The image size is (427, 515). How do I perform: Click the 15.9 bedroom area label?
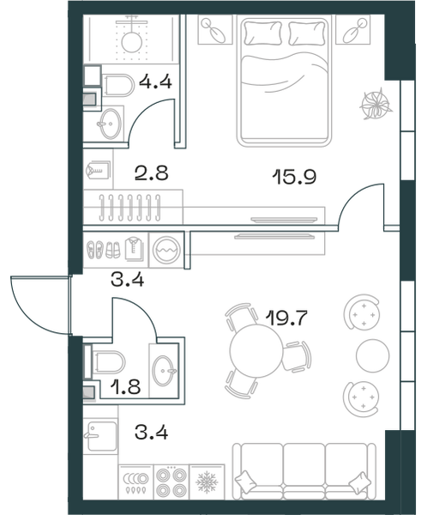click(294, 177)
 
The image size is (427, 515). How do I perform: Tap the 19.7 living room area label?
click(286, 318)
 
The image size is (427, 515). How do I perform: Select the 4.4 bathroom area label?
click(155, 82)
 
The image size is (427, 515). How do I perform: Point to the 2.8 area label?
click(151, 173)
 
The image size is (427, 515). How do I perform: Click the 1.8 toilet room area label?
click(125, 386)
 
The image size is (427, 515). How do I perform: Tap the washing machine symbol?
click(166, 250)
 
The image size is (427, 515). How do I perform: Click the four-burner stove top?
click(171, 482)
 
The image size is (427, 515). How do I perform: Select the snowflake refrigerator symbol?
click(207, 482)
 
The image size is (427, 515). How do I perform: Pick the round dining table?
click(256, 350)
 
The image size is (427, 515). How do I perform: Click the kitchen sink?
click(100, 436)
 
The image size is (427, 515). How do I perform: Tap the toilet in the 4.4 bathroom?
click(117, 85)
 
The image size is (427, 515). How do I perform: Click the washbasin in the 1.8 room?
click(164, 371)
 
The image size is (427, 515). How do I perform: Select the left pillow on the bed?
click(263, 33)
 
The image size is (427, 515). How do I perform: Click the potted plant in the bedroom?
click(376, 104)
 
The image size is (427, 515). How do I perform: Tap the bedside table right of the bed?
click(352, 29)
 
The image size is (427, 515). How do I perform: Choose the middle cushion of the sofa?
click(304, 469)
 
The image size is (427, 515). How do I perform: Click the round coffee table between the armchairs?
click(372, 355)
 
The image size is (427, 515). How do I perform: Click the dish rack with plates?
click(135, 482)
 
